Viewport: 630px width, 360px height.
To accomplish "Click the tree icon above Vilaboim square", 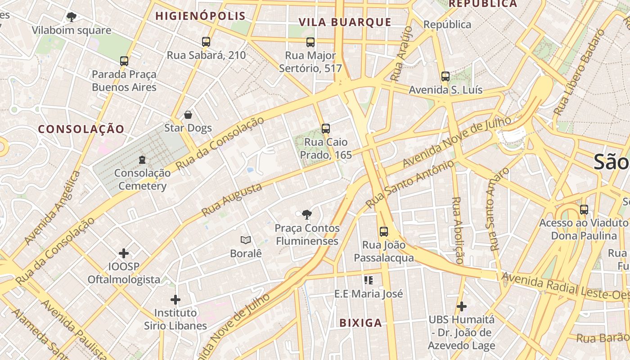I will [71, 17].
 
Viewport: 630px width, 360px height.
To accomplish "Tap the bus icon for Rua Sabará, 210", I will [206, 42].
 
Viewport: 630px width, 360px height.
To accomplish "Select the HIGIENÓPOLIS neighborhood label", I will [201, 16].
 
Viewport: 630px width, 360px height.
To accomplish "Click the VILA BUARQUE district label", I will [345, 22].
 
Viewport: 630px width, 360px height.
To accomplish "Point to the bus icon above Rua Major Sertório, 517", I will [310, 42].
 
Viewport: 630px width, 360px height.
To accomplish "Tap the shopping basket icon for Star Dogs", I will [188, 115].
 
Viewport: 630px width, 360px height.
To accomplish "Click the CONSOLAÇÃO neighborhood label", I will [81, 129].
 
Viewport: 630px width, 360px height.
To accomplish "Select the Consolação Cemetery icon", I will [142, 159].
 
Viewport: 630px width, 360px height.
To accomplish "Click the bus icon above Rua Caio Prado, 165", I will [326, 129].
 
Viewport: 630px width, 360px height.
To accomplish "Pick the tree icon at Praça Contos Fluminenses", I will [307, 215].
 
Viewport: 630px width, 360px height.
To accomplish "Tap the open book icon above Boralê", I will [245, 240].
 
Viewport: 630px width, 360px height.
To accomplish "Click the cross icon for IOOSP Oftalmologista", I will [124, 253].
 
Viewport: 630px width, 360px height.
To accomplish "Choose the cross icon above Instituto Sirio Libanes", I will [175, 299].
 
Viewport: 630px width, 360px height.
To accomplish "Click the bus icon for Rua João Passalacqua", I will [383, 232].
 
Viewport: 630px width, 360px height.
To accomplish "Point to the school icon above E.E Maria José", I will [369, 280].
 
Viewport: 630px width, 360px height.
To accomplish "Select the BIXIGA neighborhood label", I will [360, 323].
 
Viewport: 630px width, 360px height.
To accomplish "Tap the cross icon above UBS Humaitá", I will [461, 306].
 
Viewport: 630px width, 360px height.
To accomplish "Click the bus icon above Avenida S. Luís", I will [445, 76].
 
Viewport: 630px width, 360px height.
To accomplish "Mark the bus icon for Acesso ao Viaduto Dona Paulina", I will [584, 210].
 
